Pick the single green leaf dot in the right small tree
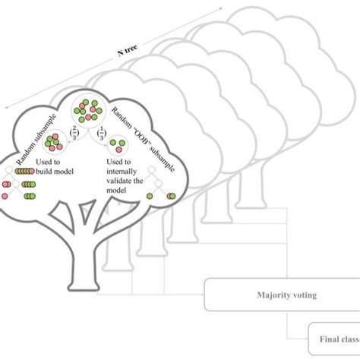(x=150, y=197)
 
